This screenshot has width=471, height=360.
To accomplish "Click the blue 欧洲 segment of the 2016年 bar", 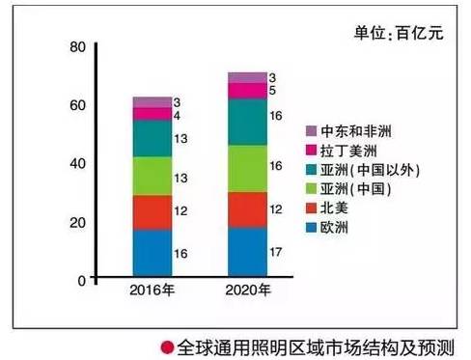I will pyautogui.click(x=152, y=254).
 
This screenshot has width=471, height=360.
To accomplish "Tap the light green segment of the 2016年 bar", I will pyautogui.click(x=152, y=176).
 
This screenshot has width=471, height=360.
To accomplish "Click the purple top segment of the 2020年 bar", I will pyautogui.click(x=247, y=77).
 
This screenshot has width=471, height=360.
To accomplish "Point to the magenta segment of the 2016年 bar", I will pyautogui.click(x=152, y=114).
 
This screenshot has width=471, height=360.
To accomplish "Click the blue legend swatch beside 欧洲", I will pyautogui.click(x=311, y=229).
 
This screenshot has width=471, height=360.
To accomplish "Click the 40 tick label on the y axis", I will pyautogui.click(x=78, y=163).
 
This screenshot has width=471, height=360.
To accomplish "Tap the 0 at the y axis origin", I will pyautogui.click(x=83, y=280).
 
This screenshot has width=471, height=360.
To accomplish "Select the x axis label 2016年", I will pyautogui.click(x=152, y=291).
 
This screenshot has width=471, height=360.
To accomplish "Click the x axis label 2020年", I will pyautogui.click(x=247, y=291).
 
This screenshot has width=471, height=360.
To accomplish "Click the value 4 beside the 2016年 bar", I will pyautogui.click(x=178, y=114).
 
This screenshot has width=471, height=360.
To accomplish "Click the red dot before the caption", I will pyautogui.click(x=166, y=344).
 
